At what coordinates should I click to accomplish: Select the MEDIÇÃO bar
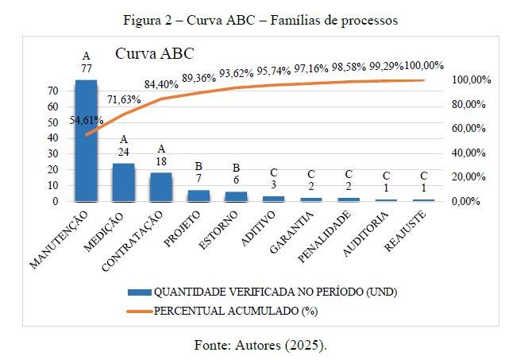[123, 182]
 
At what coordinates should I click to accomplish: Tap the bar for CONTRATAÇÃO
[160, 187]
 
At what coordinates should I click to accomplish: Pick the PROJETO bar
[198, 195]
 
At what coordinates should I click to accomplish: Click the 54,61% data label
[87, 120]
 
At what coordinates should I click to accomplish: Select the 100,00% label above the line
[424, 65]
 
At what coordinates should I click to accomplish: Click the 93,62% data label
[237, 72]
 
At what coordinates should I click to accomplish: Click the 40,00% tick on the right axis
[468, 153]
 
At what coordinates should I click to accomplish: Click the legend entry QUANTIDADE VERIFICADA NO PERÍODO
[275, 292]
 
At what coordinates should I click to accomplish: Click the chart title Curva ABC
[155, 55]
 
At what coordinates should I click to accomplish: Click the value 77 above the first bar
[87, 69]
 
